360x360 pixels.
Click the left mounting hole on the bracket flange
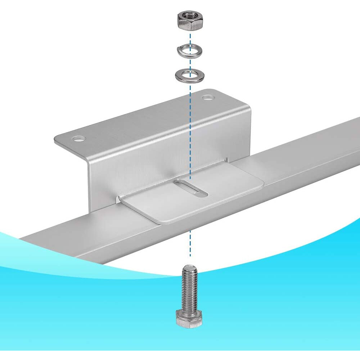78,138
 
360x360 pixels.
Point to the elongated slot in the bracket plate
190,188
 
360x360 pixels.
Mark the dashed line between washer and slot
190,130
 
